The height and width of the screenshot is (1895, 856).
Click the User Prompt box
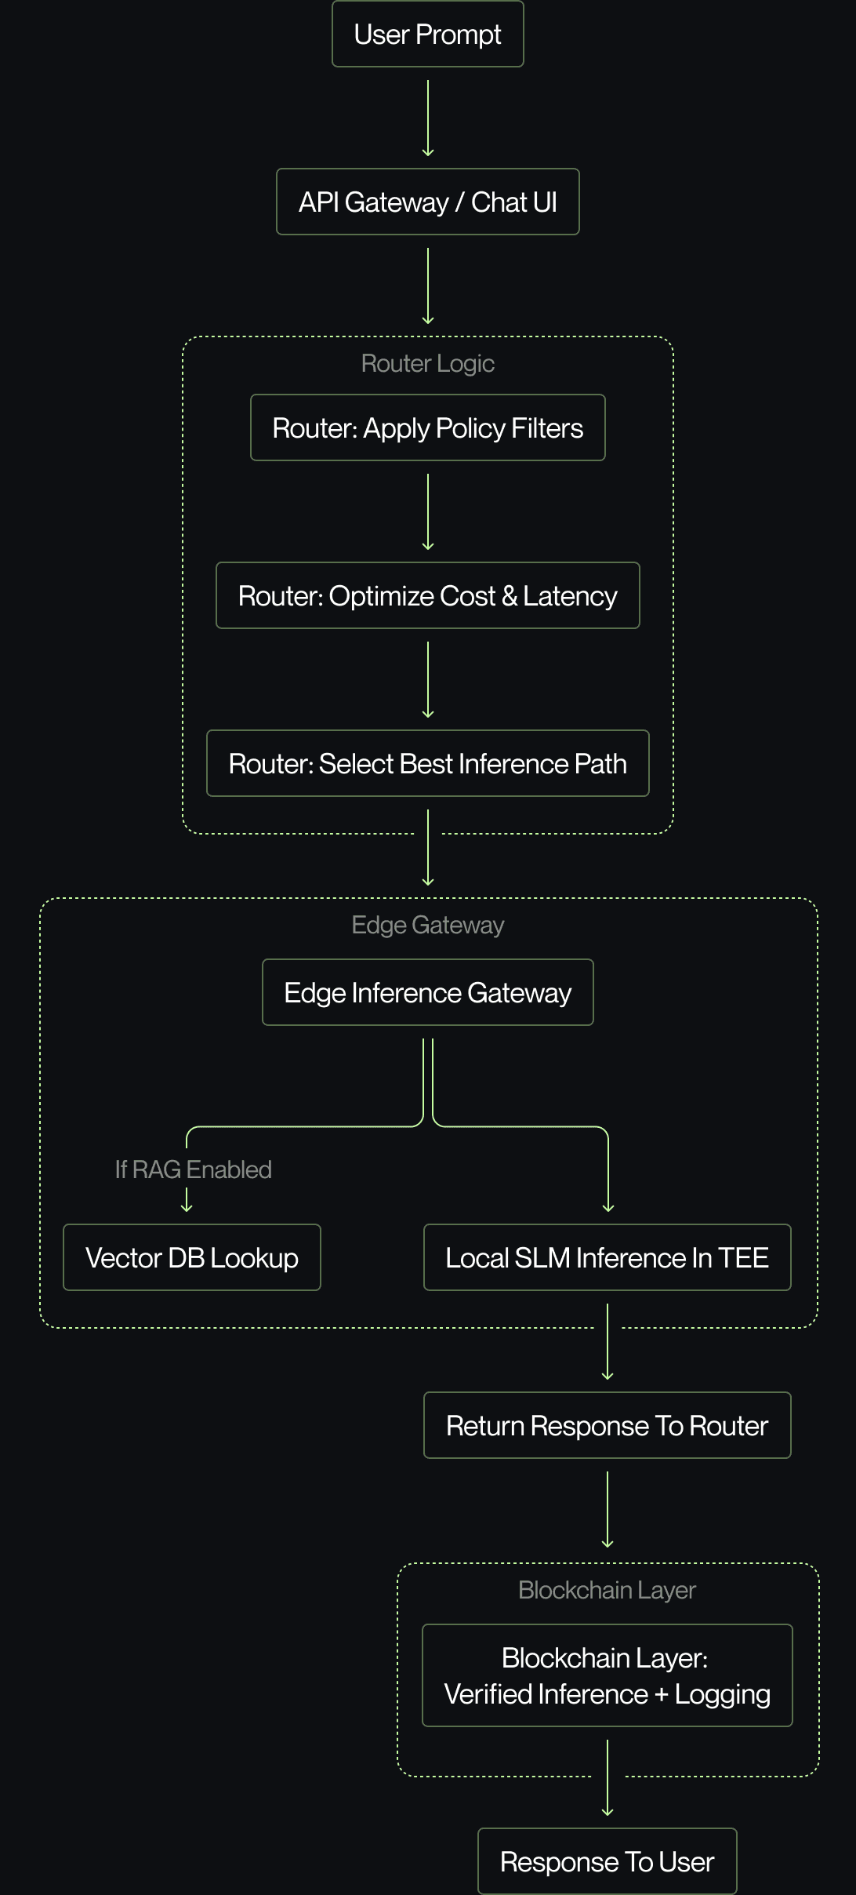point(428,35)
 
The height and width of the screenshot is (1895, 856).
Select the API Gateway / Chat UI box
point(428,202)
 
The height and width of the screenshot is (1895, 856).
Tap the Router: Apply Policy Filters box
point(428,428)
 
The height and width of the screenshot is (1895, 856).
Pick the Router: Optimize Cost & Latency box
point(428,596)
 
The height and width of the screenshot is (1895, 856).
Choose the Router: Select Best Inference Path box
point(428,764)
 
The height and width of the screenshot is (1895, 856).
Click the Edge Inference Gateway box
point(428,993)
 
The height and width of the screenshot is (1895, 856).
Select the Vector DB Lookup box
point(192,1258)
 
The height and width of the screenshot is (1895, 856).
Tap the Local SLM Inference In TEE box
point(608,1258)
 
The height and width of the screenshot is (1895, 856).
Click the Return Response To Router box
point(608,1426)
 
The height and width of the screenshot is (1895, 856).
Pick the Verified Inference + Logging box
point(608,1676)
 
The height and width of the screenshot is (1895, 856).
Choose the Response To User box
point(608,1862)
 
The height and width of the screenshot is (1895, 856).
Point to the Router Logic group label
point(428,364)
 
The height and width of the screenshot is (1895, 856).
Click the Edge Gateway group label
point(428,926)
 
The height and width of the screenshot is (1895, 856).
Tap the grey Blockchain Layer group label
point(608,1591)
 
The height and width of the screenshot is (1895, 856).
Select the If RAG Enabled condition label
point(194,1170)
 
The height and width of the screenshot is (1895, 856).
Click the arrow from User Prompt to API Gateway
point(428,118)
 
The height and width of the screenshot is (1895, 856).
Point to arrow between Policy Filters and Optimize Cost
point(428,511)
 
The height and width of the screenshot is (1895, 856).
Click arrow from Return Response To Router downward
point(608,1509)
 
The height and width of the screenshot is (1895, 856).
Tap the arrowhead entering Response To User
point(608,1812)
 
